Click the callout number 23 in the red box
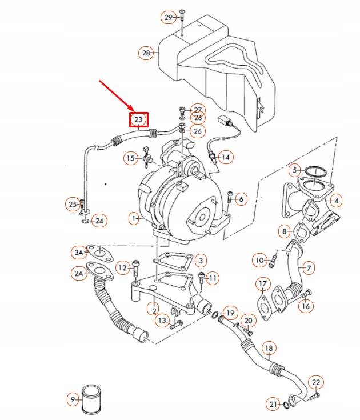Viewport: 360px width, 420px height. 138,119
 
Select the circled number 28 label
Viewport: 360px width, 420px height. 146,53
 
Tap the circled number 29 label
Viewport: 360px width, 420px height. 168,18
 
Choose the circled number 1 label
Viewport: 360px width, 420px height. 133,218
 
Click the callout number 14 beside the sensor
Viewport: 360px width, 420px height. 225,157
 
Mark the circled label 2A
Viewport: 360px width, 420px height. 79,274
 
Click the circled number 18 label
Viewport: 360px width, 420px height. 268,348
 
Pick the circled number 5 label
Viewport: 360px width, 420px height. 295,170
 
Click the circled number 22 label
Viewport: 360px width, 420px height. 316,382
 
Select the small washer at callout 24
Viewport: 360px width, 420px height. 85,219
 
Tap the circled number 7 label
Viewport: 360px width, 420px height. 308,267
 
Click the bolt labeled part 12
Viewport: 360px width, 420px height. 137,266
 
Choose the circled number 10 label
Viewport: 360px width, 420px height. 260,261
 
